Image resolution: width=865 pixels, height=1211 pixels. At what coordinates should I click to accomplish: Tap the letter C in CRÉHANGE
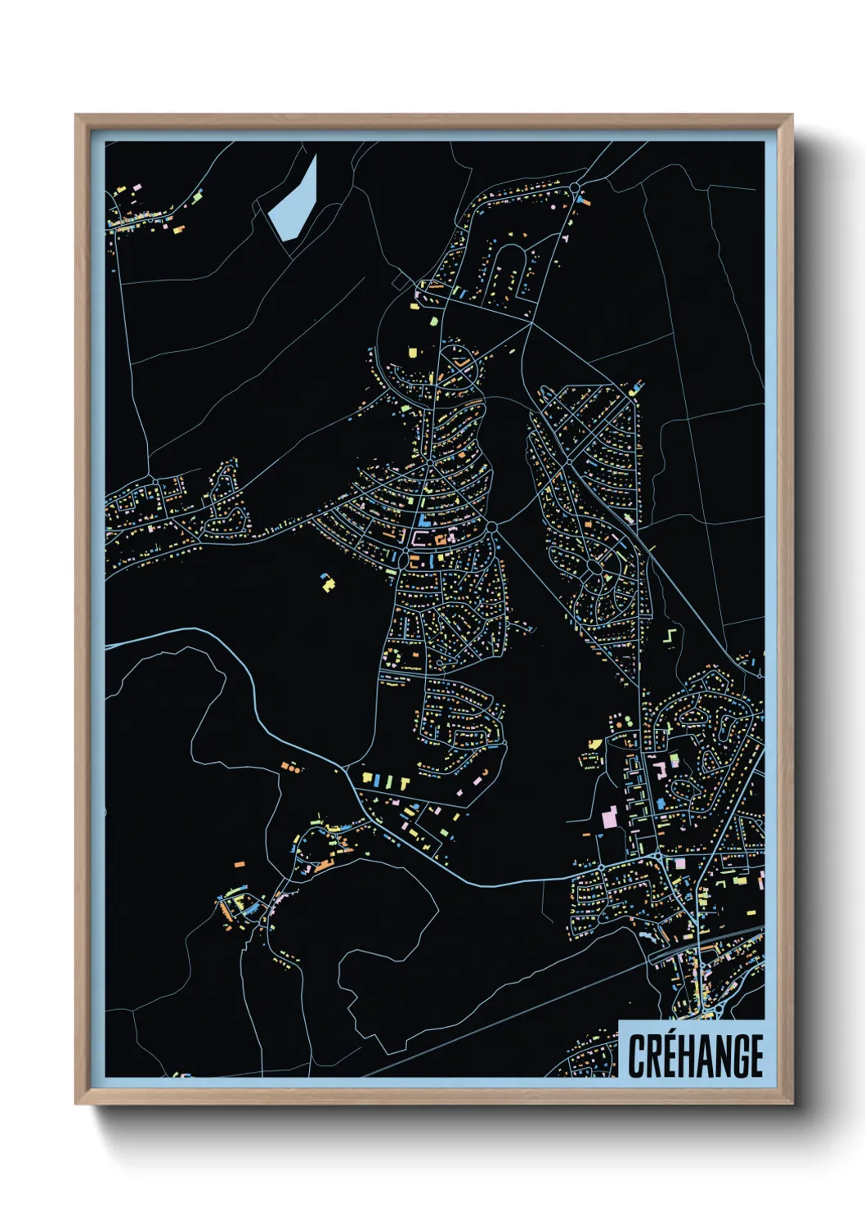pyautogui.click(x=637, y=1056)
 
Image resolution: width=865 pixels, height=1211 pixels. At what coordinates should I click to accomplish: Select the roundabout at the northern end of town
pyautogui.click(x=575, y=187)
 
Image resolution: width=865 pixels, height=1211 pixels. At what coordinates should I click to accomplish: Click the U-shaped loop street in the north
pyautogui.click(x=512, y=270)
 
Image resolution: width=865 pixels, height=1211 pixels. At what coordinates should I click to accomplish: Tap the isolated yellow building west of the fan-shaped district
pyautogui.click(x=328, y=583)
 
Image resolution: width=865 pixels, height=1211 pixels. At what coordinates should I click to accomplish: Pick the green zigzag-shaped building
pyautogui.click(x=670, y=635)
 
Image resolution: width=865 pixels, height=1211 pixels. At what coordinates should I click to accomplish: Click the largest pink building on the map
pyautogui.click(x=608, y=817)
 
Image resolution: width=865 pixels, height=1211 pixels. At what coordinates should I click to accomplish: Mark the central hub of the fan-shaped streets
pyautogui.click(x=430, y=464)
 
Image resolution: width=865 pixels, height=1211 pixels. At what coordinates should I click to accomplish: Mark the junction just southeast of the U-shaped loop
pyautogui.click(x=533, y=322)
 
